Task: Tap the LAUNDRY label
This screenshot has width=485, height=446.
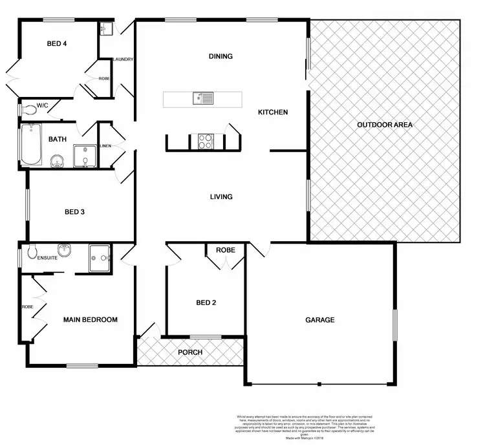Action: (x=123, y=59)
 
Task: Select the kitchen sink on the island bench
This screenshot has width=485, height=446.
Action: (x=202, y=98)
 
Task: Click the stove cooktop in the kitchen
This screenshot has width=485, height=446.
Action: (x=206, y=141)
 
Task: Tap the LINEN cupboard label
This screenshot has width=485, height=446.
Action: (x=105, y=146)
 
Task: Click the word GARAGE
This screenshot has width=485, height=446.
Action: (x=320, y=320)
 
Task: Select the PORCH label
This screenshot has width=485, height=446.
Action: (x=190, y=352)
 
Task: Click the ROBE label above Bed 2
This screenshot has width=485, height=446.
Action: (x=225, y=250)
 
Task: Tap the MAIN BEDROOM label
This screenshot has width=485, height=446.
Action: (x=90, y=320)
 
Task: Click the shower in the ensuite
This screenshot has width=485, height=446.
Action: (x=100, y=257)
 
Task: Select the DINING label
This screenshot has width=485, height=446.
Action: (x=221, y=56)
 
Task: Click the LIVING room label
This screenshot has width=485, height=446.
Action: (x=221, y=196)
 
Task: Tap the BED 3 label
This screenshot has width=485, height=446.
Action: (x=74, y=212)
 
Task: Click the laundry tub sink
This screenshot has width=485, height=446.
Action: (x=107, y=29)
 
